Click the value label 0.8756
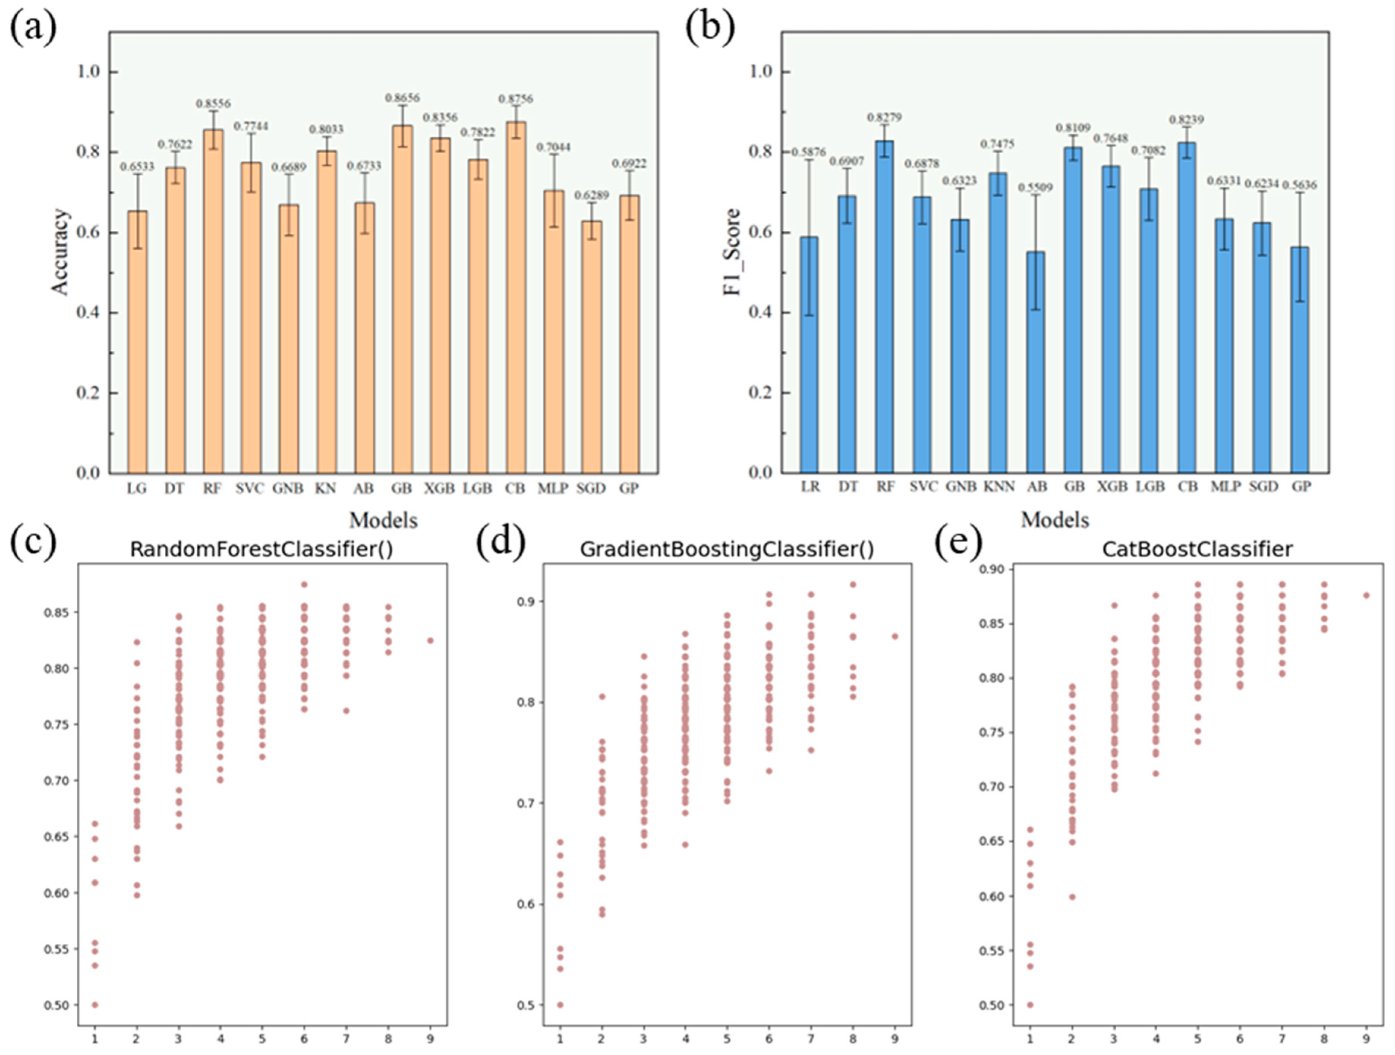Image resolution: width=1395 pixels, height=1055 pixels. (x=516, y=99)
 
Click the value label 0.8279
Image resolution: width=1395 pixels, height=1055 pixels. (x=884, y=117)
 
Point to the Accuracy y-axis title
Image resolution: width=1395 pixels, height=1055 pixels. (x=60, y=252)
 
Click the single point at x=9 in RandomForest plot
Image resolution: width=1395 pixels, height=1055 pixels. (x=430, y=640)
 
